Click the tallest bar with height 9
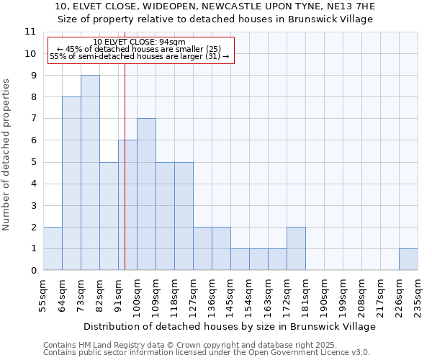90,173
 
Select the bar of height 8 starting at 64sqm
71,184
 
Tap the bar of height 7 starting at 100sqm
146,194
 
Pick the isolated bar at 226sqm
408,259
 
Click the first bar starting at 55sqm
53,248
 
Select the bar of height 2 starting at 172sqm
296,248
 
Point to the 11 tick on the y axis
30,32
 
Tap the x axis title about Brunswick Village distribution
234,326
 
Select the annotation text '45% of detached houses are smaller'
139,49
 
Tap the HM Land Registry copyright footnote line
185,345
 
